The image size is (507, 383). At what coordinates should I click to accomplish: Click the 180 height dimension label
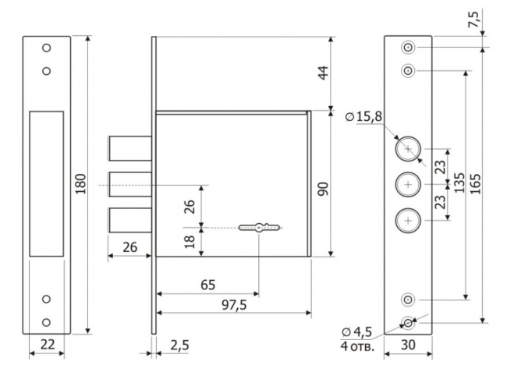coord(80,184)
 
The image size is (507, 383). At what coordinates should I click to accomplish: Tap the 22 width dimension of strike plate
coord(48,344)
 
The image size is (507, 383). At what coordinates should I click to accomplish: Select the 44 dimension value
coord(323,73)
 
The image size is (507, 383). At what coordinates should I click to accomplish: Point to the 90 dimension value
coord(323,189)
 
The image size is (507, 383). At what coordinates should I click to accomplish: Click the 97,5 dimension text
coord(235,305)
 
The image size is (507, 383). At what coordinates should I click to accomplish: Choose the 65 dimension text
coord(207,285)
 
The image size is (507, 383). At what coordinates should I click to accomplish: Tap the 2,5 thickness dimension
coord(179,345)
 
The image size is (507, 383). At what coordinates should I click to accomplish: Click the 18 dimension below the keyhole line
coord(190,241)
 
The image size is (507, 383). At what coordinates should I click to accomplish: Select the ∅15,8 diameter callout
coord(363,116)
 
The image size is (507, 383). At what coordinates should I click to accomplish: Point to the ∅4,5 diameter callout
coord(357,332)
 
